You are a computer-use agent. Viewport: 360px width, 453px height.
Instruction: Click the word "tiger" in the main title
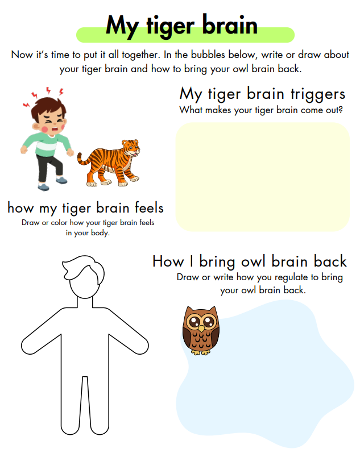[x=171, y=27]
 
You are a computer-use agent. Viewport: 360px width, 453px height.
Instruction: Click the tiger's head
[x=131, y=148]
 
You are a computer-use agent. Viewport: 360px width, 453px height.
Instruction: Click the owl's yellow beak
[x=201, y=329]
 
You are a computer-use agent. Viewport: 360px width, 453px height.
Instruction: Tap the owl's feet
[x=200, y=352]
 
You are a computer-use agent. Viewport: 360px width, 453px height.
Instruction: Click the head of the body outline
[x=84, y=276]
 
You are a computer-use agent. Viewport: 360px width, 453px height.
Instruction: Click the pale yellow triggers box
[x=263, y=177]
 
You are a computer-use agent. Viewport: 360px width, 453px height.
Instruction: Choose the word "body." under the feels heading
[x=100, y=233]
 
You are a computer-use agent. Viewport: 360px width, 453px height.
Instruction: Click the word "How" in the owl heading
[x=168, y=261]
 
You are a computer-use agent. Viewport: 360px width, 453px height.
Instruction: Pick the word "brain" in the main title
[x=230, y=25]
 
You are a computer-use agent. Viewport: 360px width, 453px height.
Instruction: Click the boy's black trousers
[x=49, y=168]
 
